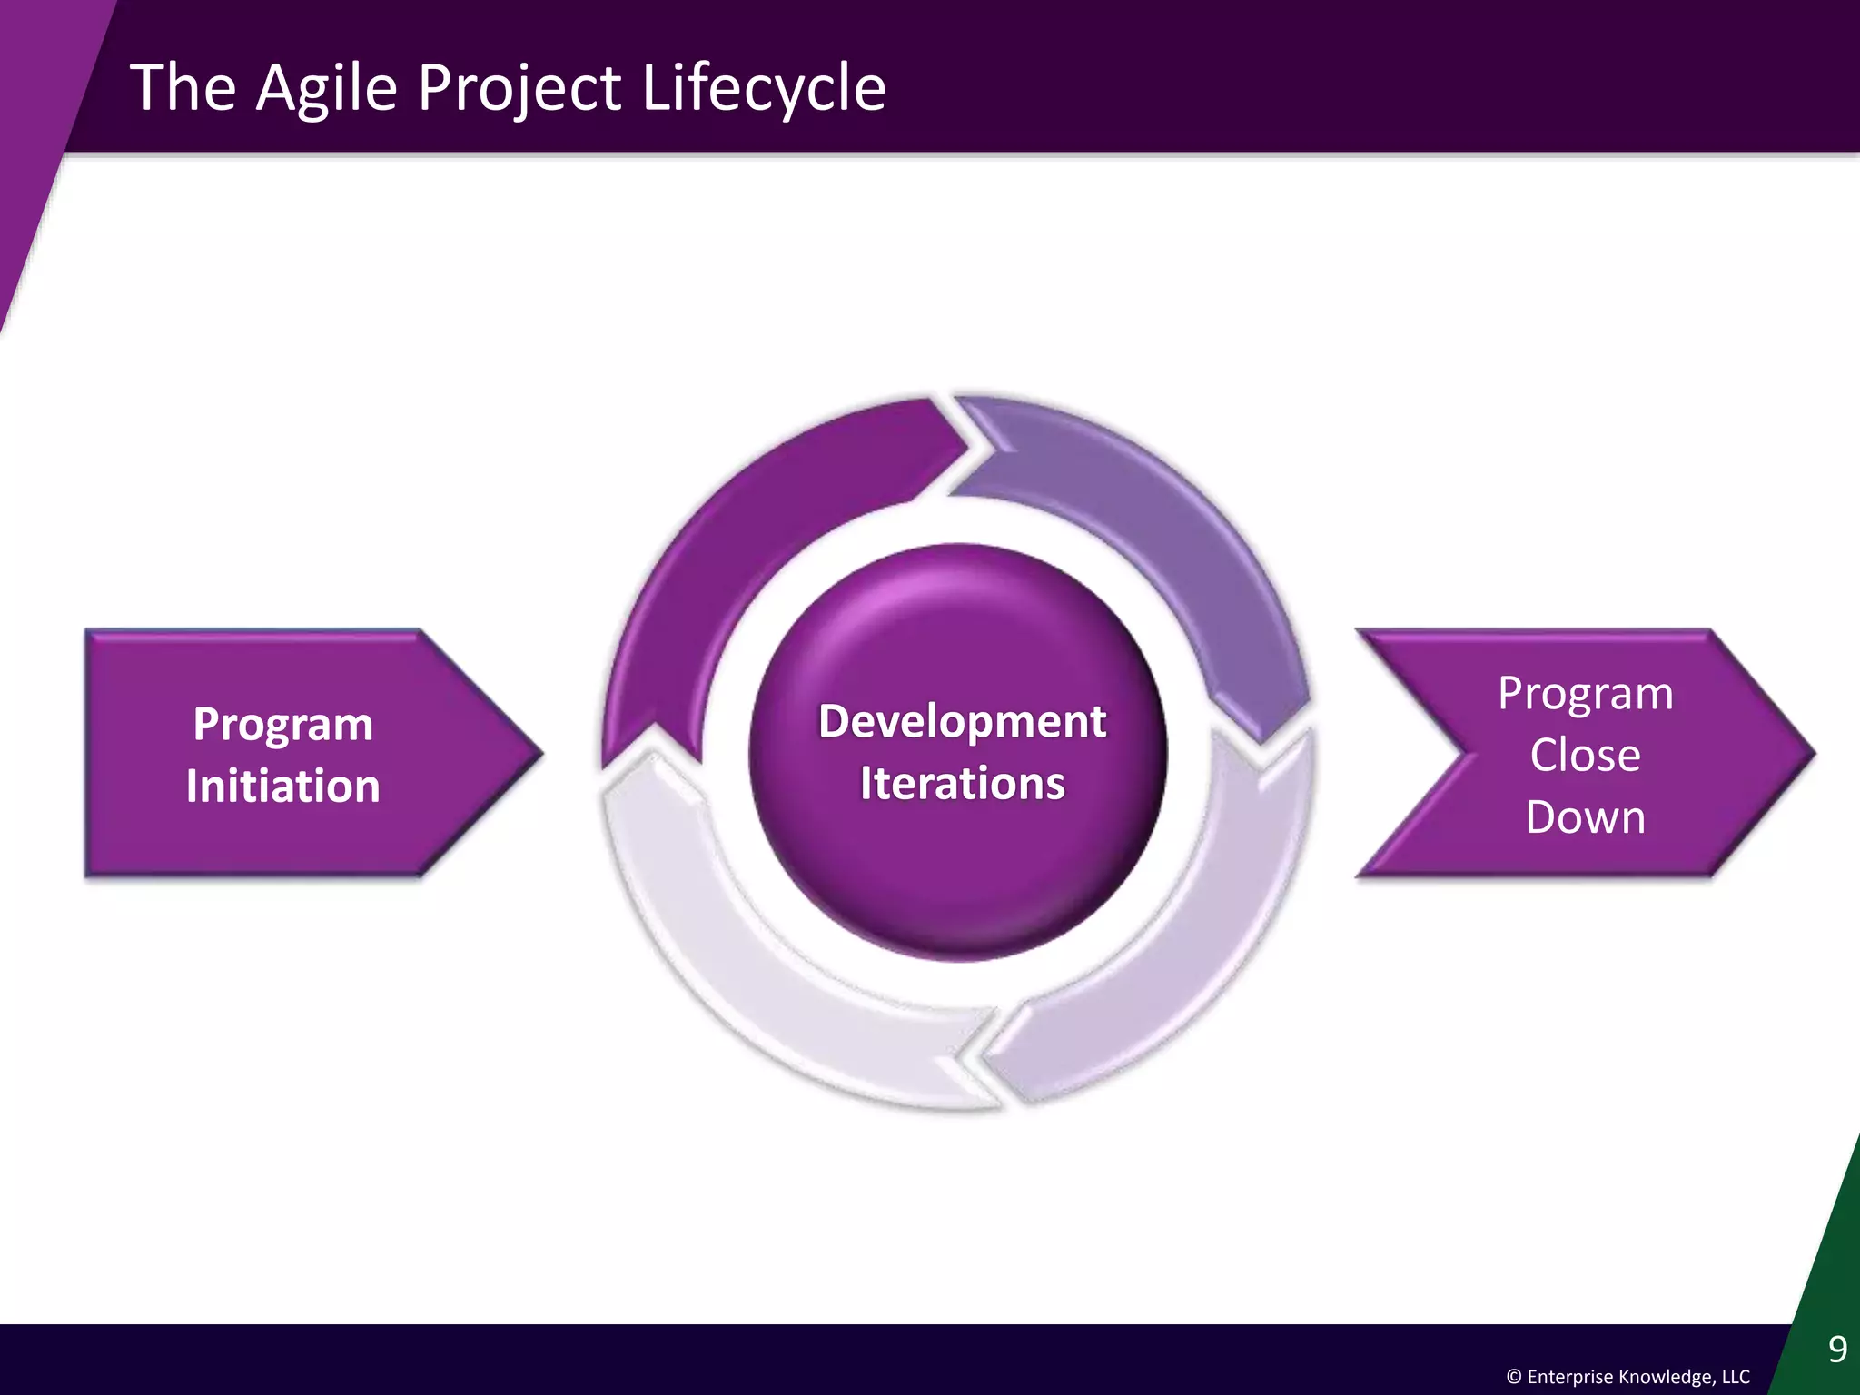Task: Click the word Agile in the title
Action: (x=327, y=89)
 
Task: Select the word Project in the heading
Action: (x=519, y=89)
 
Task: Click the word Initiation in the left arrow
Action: (x=282, y=787)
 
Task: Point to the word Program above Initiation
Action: (x=282, y=725)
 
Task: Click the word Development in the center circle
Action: (x=962, y=722)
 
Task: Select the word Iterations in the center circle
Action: (x=962, y=784)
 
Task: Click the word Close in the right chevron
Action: (x=1585, y=756)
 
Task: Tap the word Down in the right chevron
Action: (x=1585, y=817)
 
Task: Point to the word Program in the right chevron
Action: (x=1585, y=694)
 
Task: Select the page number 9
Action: (x=1837, y=1350)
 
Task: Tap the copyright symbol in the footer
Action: (x=1513, y=1377)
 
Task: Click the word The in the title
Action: (x=183, y=89)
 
